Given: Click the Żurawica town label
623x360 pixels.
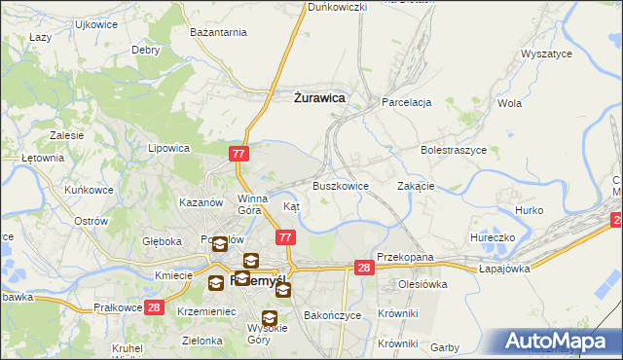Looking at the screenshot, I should pyautogui.click(x=319, y=97).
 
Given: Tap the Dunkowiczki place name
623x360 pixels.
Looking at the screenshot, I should pyautogui.click(x=337, y=7).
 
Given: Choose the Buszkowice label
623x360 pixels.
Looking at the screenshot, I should pyautogui.click(x=340, y=186).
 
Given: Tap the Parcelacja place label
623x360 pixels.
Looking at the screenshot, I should pyautogui.click(x=407, y=101).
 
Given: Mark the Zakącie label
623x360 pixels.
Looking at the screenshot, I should pyautogui.click(x=416, y=186).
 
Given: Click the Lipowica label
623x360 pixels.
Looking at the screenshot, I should pyautogui.click(x=167, y=149).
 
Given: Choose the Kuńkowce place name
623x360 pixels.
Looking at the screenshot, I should pyautogui.click(x=87, y=190).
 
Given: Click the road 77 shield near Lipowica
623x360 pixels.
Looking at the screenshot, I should pyautogui.click(x=240, y=154).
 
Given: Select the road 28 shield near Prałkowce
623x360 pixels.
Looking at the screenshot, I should pyautogui.click(x=154, y=307).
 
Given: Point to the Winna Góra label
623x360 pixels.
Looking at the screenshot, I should pyautogui.click(x=251, y=203).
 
